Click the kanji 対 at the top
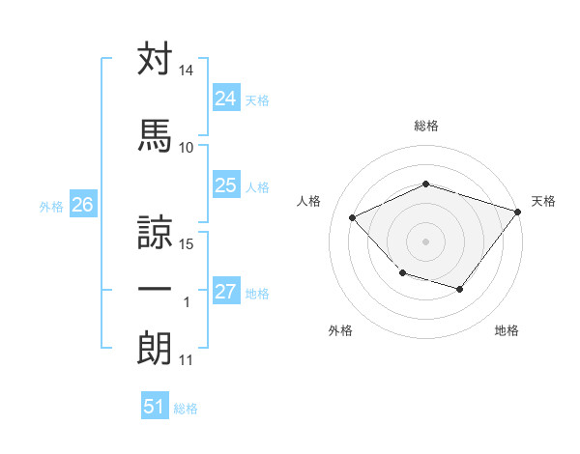155,59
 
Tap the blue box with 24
225,99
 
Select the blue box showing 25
225,185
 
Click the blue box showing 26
82,205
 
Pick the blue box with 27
225,292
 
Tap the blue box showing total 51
154,407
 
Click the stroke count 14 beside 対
186,71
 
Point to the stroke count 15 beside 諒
187,243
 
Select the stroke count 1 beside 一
187,302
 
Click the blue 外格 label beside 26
51,206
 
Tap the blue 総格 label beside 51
187,409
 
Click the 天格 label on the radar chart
543,201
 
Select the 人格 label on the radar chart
309,201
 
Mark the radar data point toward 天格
518,211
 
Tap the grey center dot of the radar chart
425,241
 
